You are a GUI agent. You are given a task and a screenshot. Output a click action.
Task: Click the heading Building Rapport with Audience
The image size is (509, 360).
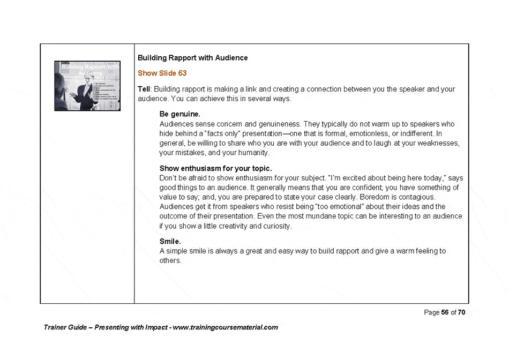click(192, 57)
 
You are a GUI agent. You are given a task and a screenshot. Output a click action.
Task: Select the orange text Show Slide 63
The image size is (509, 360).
click(162, 73)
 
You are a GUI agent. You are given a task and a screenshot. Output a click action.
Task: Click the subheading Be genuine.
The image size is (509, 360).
click(180, 114)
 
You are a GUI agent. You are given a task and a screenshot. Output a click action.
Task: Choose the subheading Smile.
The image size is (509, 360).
click(170, 242)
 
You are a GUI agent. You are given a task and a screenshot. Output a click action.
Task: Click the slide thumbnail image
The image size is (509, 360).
click(87, 86)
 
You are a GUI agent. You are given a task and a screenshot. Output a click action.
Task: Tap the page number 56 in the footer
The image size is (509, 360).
click(444, 313)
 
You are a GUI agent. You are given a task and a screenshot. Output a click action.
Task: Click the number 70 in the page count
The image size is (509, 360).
click(461, 313)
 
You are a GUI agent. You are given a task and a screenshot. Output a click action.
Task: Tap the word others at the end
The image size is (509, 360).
click(170, 261)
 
